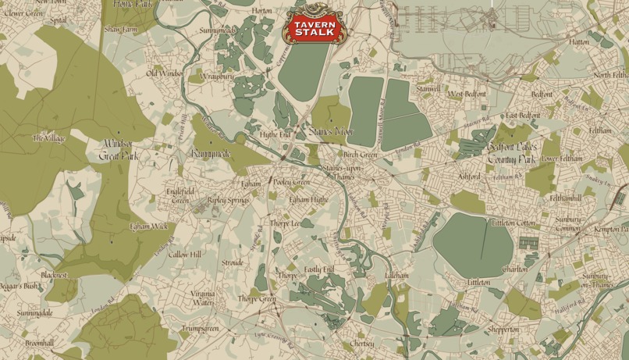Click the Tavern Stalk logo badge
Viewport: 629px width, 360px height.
pos(313,27)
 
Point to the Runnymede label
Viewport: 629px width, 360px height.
pos(211,154)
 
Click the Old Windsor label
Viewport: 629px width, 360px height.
pos(165,73)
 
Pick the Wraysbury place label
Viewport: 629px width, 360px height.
pos(216,77)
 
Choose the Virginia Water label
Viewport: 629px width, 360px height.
pos(203,298)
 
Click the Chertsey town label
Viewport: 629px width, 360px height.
pos(362,344)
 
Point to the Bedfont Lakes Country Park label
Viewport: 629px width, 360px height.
pos(511,152)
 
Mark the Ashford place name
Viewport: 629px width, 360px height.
pos(469,176)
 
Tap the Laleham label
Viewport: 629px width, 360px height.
pos(396,276)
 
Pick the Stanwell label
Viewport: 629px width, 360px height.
pos(428,89)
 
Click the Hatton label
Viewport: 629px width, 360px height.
pos(579,42)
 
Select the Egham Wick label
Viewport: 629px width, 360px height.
pos(148,226)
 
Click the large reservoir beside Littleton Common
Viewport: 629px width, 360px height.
pos(472,244)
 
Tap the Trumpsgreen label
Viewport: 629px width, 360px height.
pos(200,329)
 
